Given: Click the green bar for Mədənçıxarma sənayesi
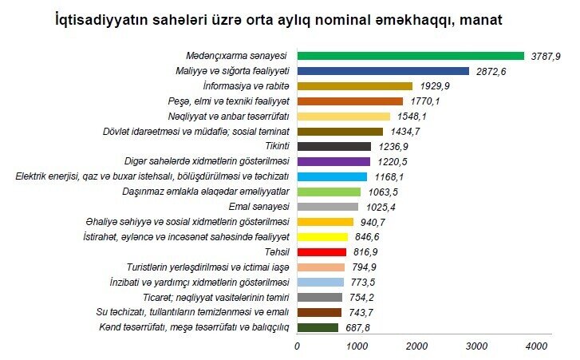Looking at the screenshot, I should click(410, 56).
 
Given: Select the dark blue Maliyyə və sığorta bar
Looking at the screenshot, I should click(383, 71).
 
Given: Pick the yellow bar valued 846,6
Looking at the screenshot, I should click(322, 237).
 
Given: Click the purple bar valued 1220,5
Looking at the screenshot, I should click(333, 161).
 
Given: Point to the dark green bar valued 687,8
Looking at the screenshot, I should click(318, 327).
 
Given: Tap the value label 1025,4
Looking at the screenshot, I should click(379, 207).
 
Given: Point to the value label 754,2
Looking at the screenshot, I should click(363, 297).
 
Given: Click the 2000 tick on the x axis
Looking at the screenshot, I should click(416, 346).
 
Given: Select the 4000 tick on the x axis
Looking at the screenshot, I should click(536, 346).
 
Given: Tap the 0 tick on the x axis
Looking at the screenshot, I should click(298, 346).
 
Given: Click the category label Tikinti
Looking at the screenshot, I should click(275, 147).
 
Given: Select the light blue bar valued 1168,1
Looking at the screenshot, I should click(332, 176).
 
